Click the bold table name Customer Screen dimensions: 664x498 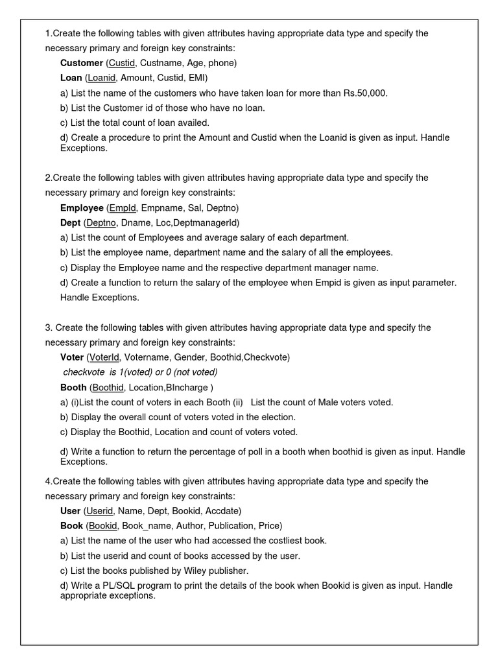click(82, 63)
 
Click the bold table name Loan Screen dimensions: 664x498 click(71, 78)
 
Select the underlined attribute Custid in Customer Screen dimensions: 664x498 click(123, 63)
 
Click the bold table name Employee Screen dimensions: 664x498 click(82, 207)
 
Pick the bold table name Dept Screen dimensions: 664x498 click(71, 222)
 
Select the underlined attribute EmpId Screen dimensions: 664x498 click(123, 207)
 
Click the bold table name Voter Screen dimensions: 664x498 click(72, 357)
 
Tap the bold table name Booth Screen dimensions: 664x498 click(73, 387)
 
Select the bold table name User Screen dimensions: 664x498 click(71, 510)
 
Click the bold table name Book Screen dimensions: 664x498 click(71, 525)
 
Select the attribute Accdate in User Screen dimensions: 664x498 click(223, 510)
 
